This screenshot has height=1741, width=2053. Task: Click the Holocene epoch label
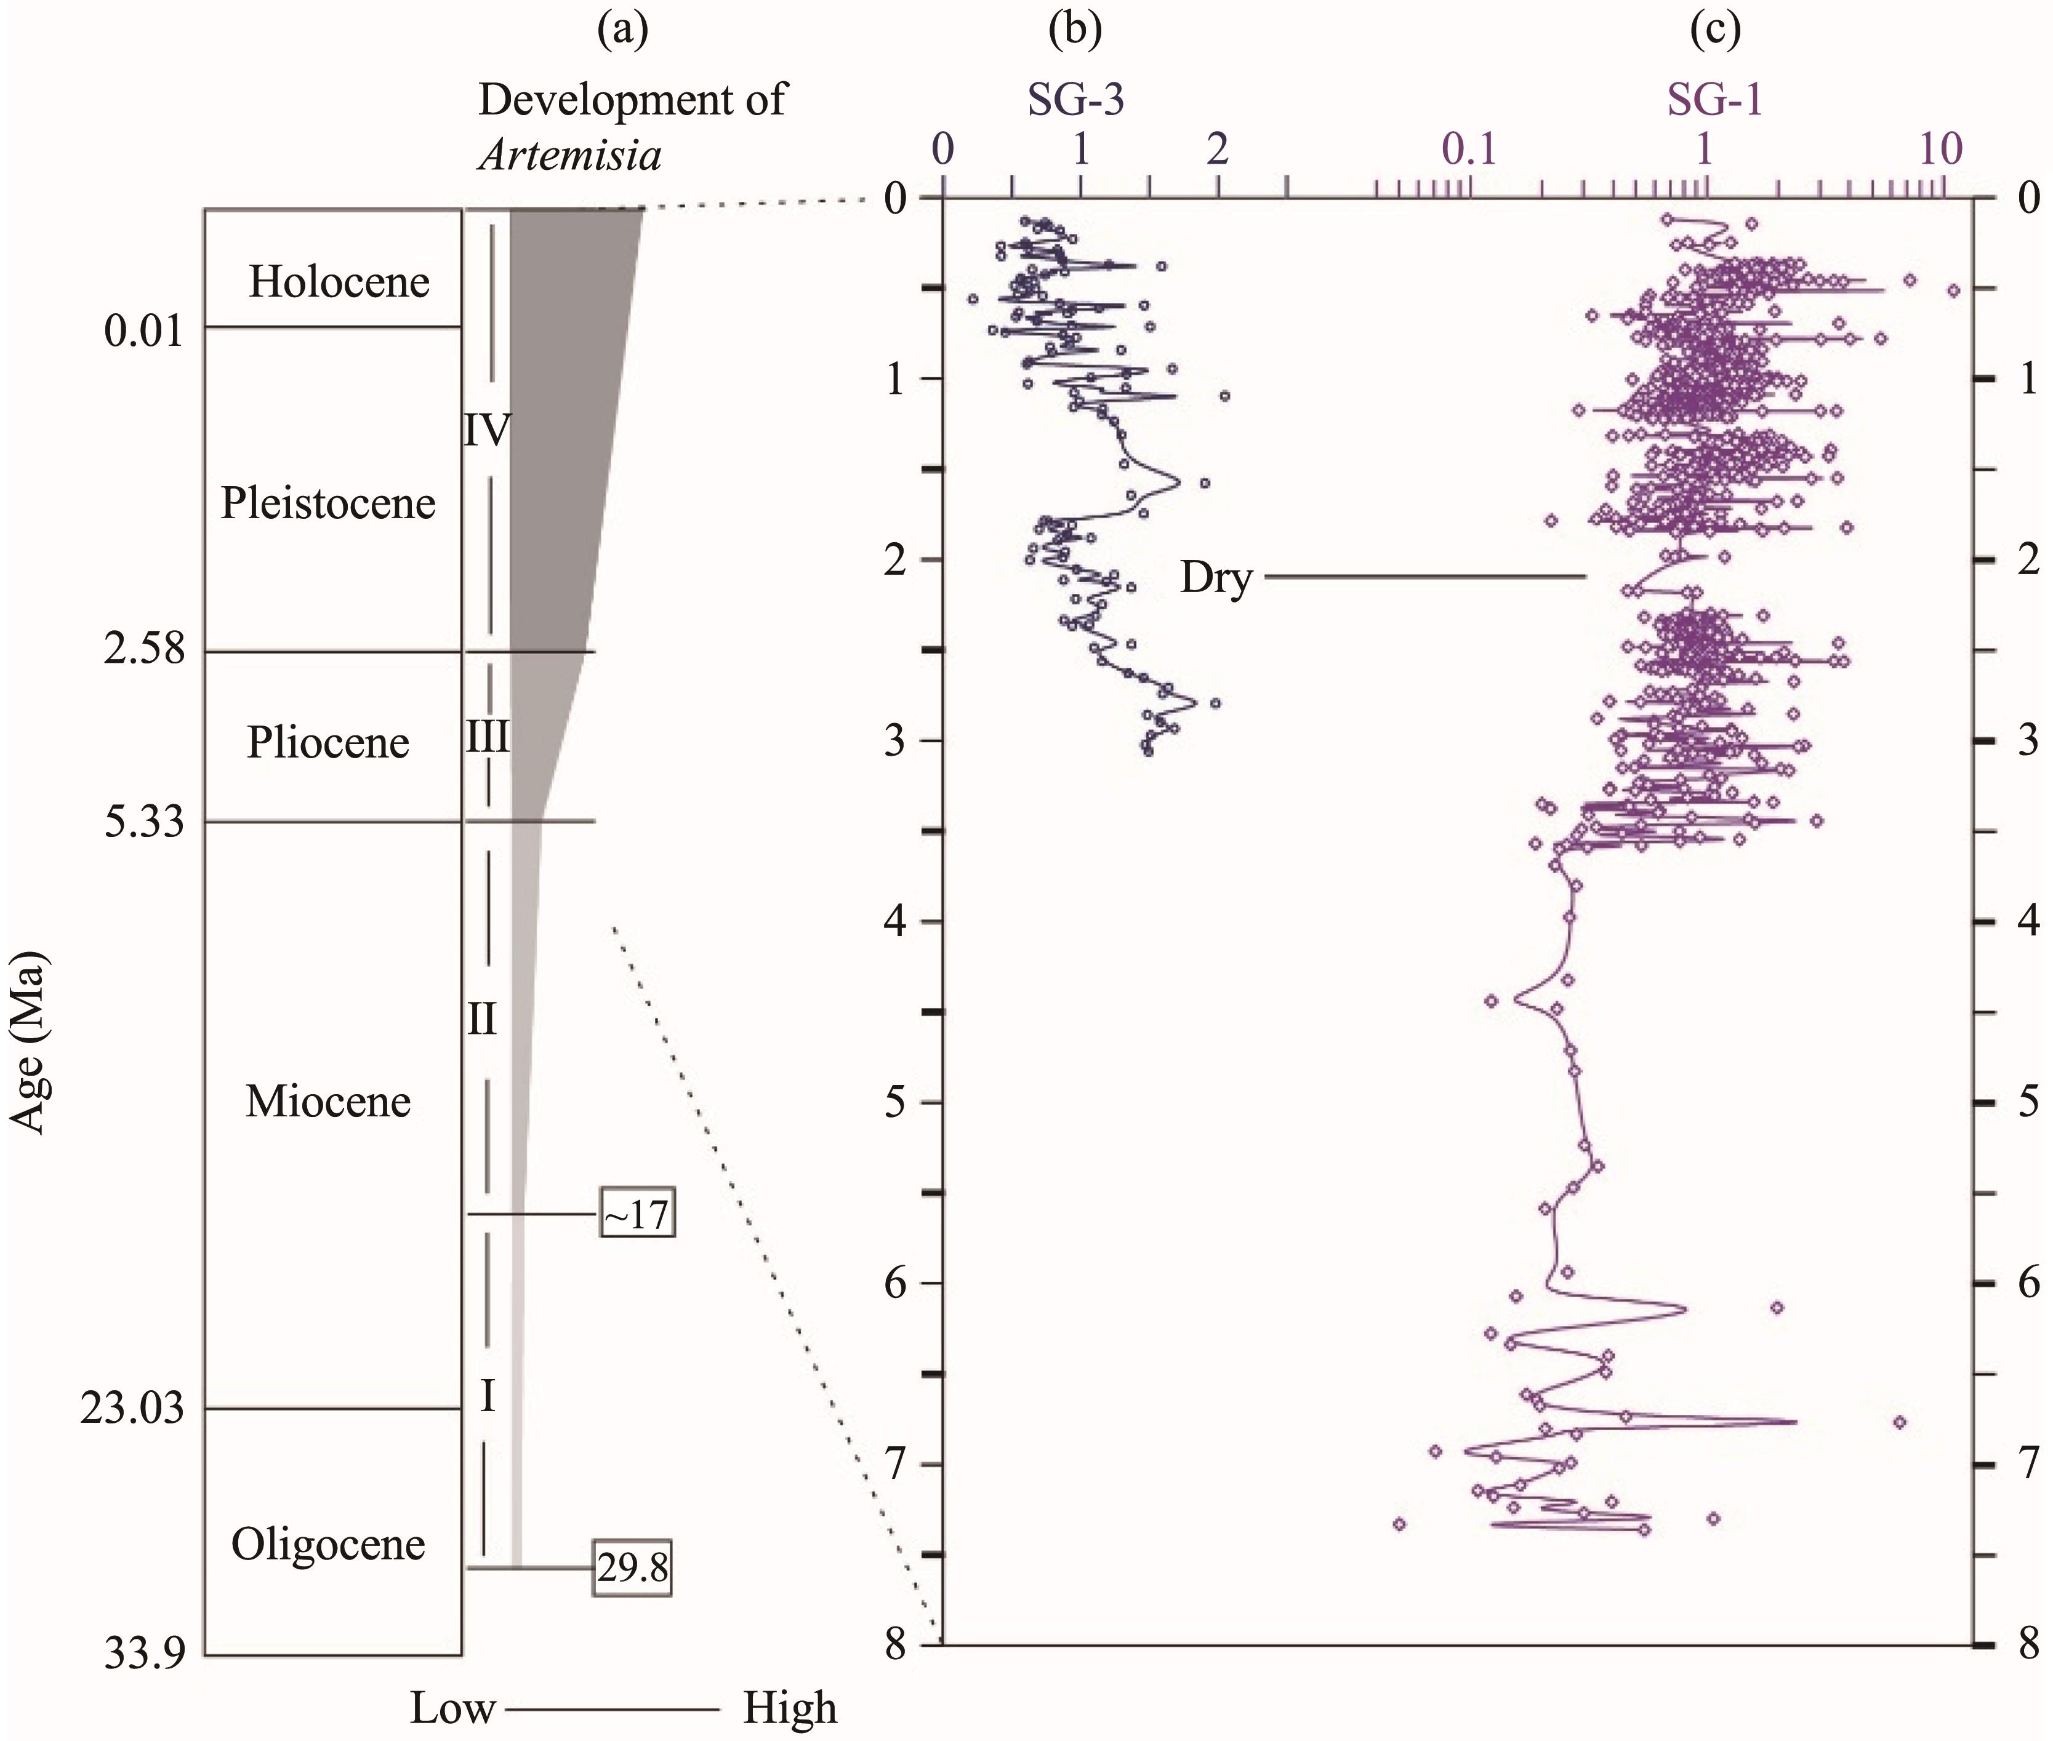339,282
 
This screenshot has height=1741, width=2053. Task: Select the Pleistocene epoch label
327,503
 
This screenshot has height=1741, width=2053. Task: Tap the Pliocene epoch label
327,742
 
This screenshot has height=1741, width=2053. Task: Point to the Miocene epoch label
327,1100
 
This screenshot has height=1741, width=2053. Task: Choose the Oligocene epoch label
327,1545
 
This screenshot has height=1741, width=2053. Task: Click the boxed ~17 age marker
637,1217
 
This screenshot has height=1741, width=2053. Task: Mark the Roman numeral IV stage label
486,430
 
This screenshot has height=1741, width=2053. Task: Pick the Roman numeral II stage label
481,1020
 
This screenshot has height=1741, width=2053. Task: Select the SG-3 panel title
1076,100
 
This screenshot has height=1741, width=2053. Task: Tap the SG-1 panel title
1714,100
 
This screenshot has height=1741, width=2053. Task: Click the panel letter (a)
623,31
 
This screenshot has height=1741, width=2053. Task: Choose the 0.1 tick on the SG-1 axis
1469,150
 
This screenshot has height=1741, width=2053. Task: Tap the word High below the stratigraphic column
790,1708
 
